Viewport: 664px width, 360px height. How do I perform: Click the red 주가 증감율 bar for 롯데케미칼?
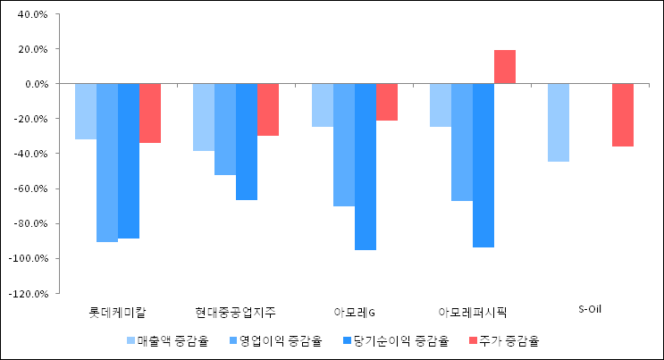tap(149, 113)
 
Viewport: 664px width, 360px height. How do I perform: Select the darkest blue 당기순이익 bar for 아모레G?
tap(365, 166)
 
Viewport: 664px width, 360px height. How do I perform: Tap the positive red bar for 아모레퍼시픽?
tap(504, 67)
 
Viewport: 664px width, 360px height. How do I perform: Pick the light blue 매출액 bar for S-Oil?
tap(558, 122)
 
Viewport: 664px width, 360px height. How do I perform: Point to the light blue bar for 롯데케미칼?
tap(86, 111)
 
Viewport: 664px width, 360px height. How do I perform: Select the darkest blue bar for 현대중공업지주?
tap(246, 141)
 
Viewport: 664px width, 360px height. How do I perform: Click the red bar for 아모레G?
tap(386, 102)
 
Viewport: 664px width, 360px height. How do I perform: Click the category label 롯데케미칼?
tap(118, 313)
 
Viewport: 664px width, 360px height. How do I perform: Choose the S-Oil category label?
tap(590, 310)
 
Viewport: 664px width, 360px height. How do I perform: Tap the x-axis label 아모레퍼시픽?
tap(472, 313)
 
